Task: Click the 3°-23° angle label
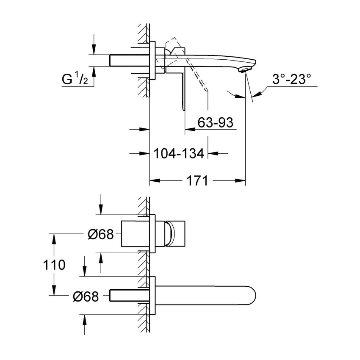click(292, 79)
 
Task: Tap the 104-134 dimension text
click(178, 153)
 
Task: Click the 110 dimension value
click(54, 265)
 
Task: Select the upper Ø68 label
click(100, 233)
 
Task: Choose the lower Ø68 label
click(85, 297)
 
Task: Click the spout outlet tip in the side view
click(246, 69)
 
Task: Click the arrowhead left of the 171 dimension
click(155, 181)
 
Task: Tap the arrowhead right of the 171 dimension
click(241, 181)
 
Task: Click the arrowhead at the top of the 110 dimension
click(54, 238)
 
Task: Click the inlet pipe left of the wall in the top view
click(130, 60)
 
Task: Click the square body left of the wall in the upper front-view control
click(135, 233)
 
